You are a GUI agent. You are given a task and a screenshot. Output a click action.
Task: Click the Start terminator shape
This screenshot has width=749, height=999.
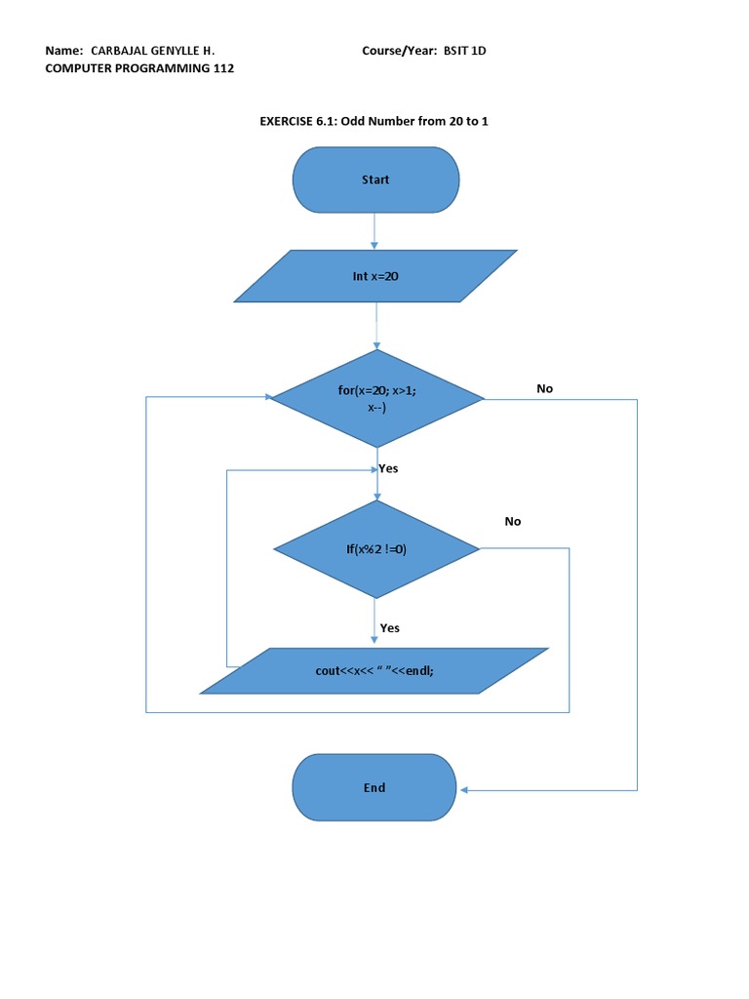[375, 180]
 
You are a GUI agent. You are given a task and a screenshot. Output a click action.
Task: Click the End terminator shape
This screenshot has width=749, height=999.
[374, 788]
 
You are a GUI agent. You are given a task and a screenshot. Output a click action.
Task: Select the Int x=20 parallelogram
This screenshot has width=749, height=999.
[375, 277]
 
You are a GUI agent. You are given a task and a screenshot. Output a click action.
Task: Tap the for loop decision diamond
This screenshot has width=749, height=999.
[376, 398]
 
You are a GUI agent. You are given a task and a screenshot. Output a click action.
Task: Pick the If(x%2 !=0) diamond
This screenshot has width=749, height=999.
[376, 549]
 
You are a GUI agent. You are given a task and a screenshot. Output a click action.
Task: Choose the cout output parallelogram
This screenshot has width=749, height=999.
[374, 671]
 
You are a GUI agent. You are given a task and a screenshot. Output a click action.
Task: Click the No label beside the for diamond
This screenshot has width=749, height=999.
[544, 388]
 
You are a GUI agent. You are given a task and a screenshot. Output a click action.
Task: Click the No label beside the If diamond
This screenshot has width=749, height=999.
[513, 521]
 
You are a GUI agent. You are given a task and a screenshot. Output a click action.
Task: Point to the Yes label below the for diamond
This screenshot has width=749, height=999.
[389, 468]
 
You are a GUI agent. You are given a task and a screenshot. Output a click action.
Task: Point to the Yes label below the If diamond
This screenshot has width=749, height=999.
[390, 628]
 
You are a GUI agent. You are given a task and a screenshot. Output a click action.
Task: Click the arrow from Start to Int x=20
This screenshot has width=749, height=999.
[375, 231]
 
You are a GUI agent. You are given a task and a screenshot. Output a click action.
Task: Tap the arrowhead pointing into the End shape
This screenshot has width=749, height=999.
[464, 789]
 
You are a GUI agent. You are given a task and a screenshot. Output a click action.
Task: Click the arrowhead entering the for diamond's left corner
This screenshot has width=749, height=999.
[266, 397]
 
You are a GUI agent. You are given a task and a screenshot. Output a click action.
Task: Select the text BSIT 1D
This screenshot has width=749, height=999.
[463, 51]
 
